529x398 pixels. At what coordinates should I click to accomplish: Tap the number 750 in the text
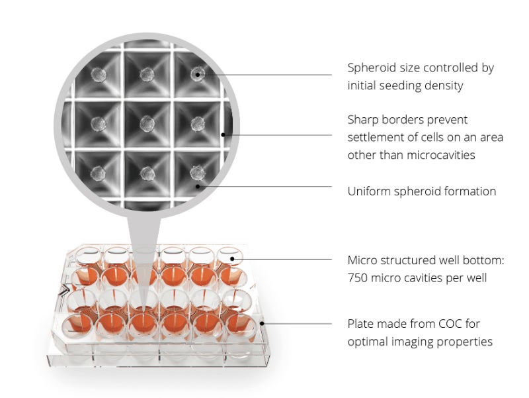click(x=357, y=277)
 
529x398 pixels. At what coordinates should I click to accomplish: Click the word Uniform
click(x=368, y=191)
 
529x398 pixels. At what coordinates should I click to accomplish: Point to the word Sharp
click(x=362, y=121)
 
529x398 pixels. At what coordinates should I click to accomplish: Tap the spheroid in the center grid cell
click(x=147, y=124)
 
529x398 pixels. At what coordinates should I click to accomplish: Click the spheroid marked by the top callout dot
click(x=197, y=74)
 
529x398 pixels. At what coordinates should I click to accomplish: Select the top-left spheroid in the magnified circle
click(x=98, y=75)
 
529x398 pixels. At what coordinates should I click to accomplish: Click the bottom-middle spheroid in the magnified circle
click(x=147, y=174)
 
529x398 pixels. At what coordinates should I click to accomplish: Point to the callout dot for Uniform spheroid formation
click(x=198, y=186)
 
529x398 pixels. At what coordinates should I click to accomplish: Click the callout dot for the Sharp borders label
click(x=223, y=135)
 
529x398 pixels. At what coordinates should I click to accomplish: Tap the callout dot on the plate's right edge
click(x=262, y=323)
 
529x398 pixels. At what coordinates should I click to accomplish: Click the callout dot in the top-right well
click(x=232, y=259)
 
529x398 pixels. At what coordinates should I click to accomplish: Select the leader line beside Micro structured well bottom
click(x=282, y=259)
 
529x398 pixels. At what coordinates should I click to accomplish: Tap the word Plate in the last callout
click(x=360, y=324)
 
